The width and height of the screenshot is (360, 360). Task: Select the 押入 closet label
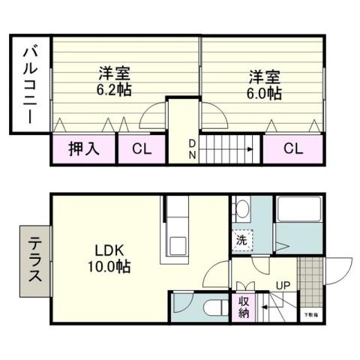(83, 149)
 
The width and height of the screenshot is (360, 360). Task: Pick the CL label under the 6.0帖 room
(293, 149)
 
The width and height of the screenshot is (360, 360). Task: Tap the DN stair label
(192, 148)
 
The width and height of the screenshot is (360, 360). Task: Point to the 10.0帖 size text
(111, 266)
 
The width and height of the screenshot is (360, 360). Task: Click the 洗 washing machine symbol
(241, 241)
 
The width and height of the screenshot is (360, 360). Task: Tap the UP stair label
(283, 286)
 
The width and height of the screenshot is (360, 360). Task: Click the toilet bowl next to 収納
(213, 307)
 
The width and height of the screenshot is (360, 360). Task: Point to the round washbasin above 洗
(241, 208)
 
